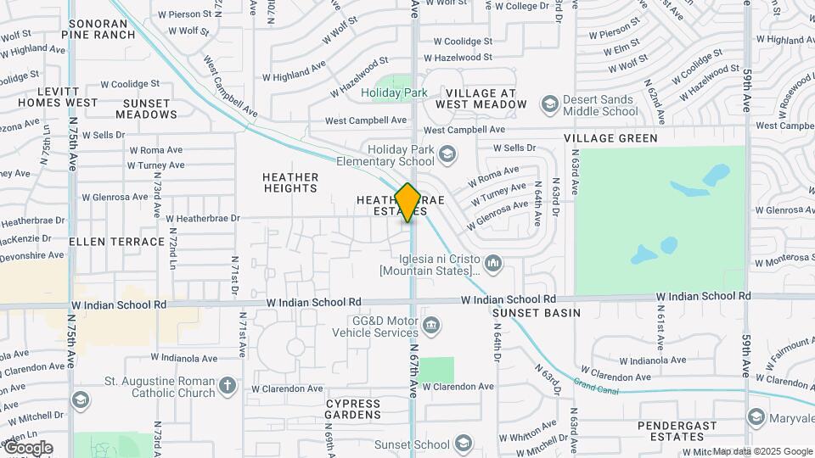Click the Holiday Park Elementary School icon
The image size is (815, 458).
click(x=447, y=154)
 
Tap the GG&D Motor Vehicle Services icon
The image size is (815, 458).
click(x=432, y=326)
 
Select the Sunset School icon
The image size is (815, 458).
click(x=463, y=444)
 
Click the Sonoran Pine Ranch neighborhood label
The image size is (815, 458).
click(x=98, y=29)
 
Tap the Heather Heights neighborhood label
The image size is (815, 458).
click(x=290, y=182)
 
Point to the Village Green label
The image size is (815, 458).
click(x=611, y=138)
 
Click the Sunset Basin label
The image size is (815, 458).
click(x=537, y=313)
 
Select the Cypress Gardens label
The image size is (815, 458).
click(x=353, y=409)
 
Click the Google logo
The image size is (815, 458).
click(x=27, y=448)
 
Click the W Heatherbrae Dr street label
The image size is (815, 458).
click(x=203, y=218)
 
